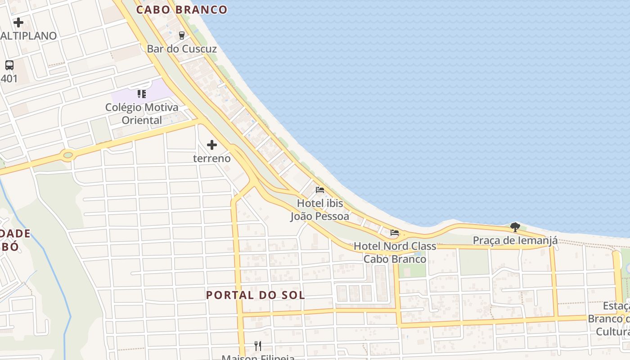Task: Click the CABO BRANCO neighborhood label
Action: (x=182, y=9)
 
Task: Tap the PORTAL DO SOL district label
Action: (x=255, y=295)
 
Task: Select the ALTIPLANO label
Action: (x=29, y=36)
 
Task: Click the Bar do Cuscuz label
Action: (x=182, y=49)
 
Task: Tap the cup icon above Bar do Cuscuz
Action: (x=182, y=35)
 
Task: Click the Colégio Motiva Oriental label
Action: (x=142, y=114)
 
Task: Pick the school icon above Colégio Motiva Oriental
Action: (x=142, y=94)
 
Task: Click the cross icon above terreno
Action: (x=211, y=145)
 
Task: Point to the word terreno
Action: (x=211, y=158)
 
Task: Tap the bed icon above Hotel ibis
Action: (x=320, y=190)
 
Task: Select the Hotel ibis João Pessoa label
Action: (x=319, y=210)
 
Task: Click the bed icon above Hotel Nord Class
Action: (x=395, y=233)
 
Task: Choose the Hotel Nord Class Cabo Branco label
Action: (x=395, y=252)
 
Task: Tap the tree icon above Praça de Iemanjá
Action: (x=515, y=227)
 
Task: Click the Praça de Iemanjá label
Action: (x=515, y=240)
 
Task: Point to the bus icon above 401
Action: (x=9, y=65)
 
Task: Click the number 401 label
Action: (x=9, y=79)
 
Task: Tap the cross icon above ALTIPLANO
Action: (x=18, y=22)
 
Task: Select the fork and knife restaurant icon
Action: (x=258, y=346)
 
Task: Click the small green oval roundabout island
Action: (x=68, y=156)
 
